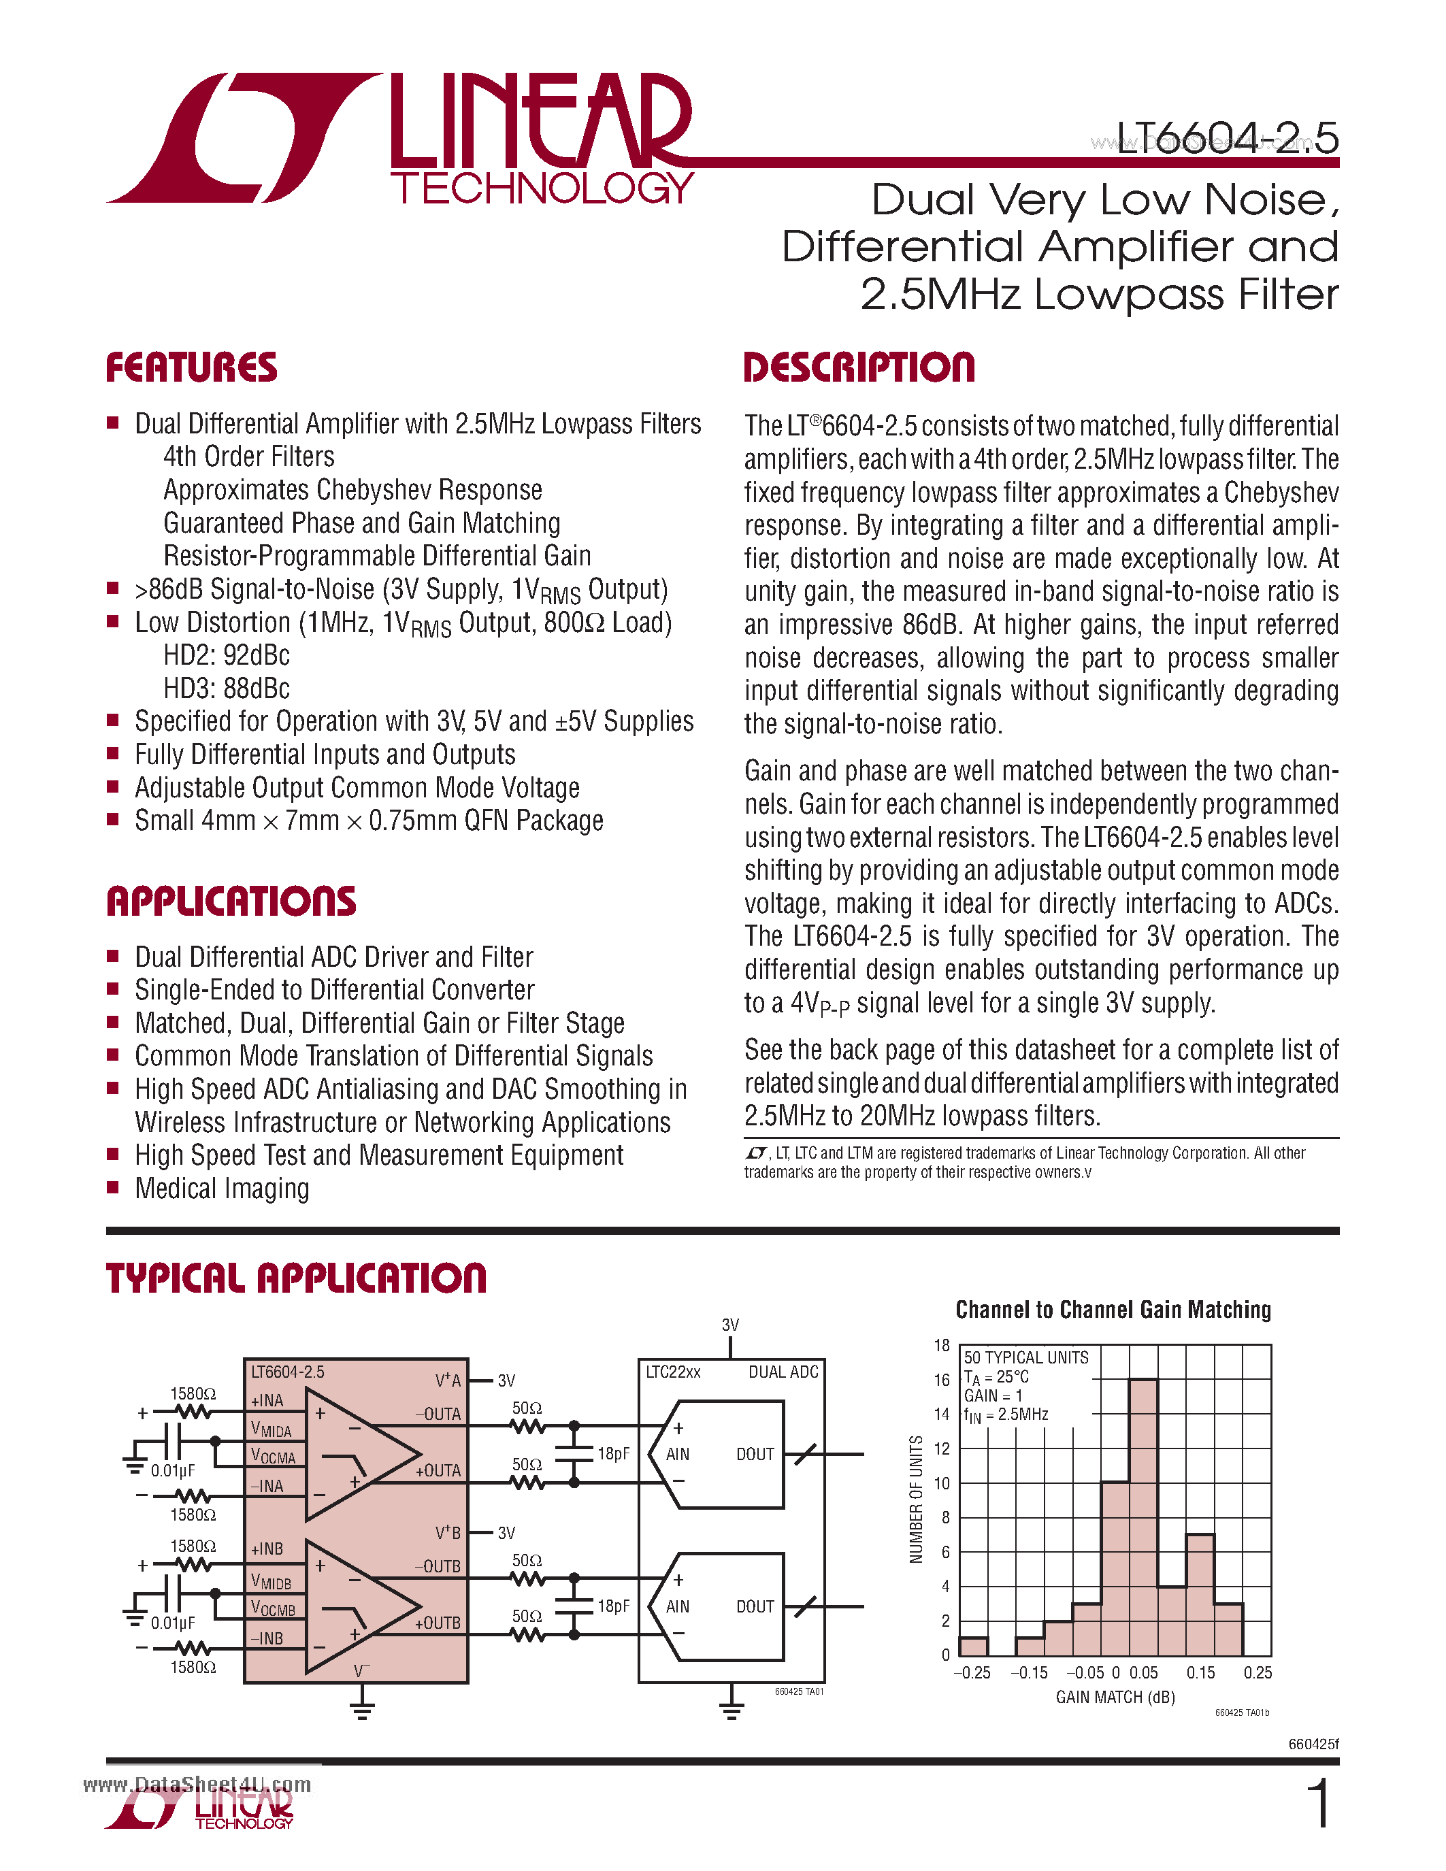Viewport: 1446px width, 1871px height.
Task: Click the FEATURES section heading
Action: click(191, 367)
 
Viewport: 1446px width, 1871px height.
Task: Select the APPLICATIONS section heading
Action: click(231, 901)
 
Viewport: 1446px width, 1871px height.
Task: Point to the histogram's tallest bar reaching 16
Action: click(1143, 1517)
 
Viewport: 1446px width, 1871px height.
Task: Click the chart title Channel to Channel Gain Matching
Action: click(1113, 1310)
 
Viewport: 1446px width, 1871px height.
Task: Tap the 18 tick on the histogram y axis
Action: click(942, 1346)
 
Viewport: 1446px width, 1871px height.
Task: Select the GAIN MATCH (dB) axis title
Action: click(1115, 1697)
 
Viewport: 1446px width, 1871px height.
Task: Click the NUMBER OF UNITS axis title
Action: click(916, 1500)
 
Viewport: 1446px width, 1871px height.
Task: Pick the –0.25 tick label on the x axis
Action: click(972, 1673)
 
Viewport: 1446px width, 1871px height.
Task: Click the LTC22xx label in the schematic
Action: click(672, 1372)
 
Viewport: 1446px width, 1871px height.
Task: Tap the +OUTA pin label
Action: click(438, 1471)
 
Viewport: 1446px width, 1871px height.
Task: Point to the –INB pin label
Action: click(267, 1639)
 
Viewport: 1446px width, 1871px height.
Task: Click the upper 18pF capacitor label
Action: click(613, 1454)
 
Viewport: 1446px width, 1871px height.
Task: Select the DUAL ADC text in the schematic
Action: click(783, 1372)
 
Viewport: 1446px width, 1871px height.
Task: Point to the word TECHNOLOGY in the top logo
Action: click(542, 188)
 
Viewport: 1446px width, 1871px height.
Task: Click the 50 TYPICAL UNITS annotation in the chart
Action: click(1025, 1358)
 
